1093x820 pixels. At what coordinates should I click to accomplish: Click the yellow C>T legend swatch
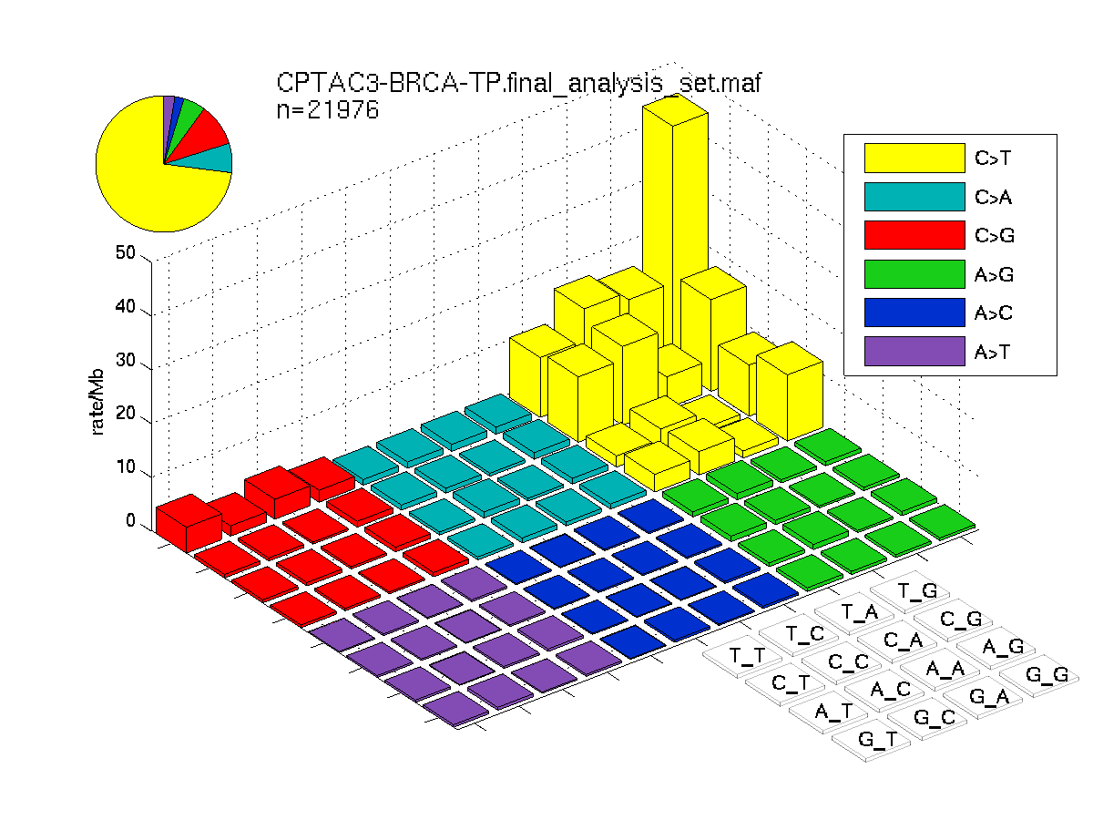point(914,158)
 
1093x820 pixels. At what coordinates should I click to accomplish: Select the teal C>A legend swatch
point(914,197)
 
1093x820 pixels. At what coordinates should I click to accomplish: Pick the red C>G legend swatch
point(914,235)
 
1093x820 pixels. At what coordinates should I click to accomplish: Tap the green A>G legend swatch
point(914,274)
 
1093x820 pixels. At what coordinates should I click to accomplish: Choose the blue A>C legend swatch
point(914,313)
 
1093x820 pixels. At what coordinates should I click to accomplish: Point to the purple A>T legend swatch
point(914,351)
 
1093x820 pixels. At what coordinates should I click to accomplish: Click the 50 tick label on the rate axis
point(126,252)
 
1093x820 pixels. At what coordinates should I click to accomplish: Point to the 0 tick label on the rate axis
point(130,520)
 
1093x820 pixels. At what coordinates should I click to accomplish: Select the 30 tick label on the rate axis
point(126,360)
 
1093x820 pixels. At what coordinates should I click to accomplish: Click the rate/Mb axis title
point(97,402)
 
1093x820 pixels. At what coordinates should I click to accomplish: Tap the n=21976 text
point(328,109)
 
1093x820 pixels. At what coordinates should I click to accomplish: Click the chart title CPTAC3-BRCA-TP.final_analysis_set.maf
point(518,83)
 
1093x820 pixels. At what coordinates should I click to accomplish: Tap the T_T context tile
point(742,656)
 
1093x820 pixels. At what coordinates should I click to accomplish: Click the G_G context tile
point(1039,675)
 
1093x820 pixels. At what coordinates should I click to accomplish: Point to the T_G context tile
point(910,591)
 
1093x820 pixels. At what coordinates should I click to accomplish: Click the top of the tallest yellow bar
point(675,109)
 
